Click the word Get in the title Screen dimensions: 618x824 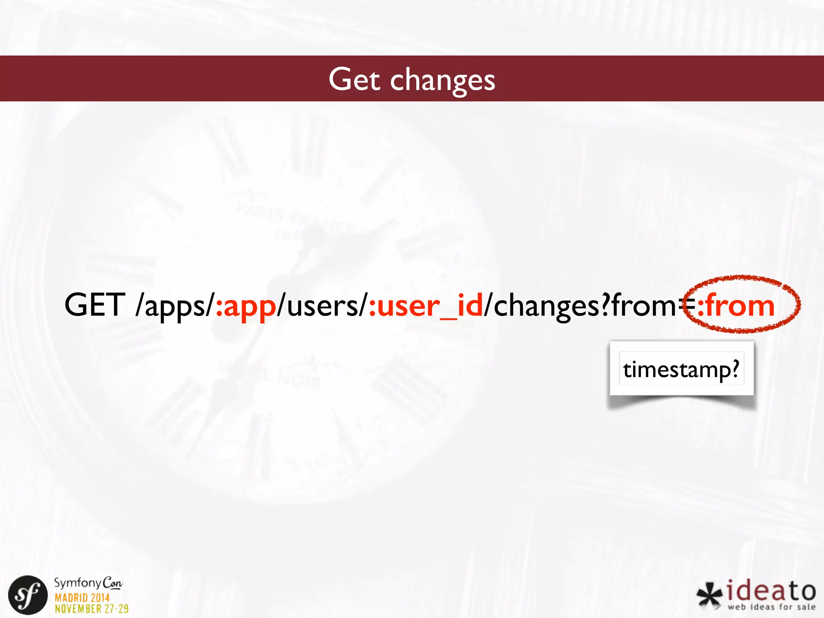(354, 79)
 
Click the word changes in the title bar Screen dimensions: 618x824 (442, 80)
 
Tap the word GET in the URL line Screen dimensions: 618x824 (95, 305)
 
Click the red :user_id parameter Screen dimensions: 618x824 (425, 306)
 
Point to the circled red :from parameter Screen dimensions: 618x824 (736, 306)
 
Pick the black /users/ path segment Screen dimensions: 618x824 (322, 306)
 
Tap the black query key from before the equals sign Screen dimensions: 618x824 (644, 306)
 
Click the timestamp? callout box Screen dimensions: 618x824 (681, 369)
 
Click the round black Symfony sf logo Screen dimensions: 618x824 (28, 595)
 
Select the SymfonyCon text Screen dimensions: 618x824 (88, 583)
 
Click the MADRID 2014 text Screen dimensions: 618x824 (82, 597)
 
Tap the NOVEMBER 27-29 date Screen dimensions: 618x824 (92, 609)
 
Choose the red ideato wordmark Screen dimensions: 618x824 (771, 591)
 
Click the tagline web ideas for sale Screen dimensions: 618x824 (771, 607)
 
